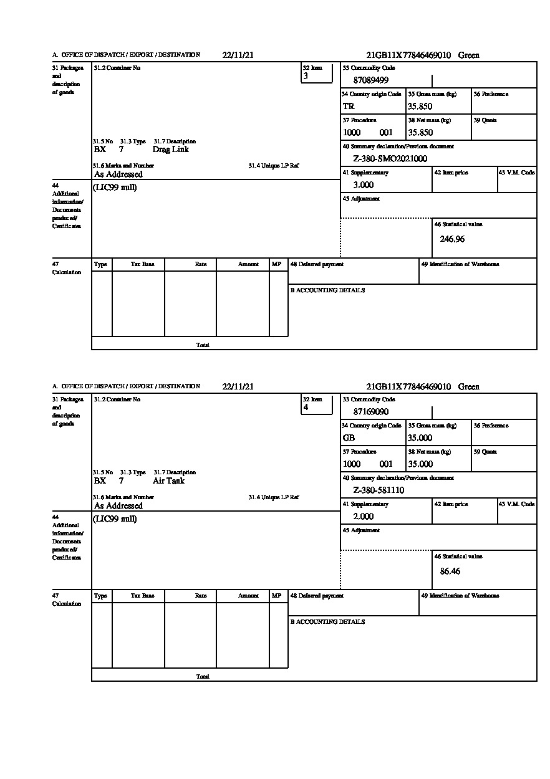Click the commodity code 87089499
(371, 80)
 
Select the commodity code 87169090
(371, 412)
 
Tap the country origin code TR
(349, 107)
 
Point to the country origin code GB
(349, 438)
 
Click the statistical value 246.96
(452, 239)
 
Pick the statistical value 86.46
(450, 571)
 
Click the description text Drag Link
(170, 150)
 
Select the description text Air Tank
(168, 481)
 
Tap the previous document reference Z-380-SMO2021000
(390, 159)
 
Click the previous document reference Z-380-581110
(379, 490)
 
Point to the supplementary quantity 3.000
(364, 185)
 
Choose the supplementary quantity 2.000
(364, 517)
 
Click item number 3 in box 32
(306, 77)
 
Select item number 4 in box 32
(306, 408)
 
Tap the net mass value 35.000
(420, 464)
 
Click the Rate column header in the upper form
(201, 265)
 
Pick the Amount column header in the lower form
(248, 596)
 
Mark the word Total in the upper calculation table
(203, 345)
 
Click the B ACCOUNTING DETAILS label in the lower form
(327, 622)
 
